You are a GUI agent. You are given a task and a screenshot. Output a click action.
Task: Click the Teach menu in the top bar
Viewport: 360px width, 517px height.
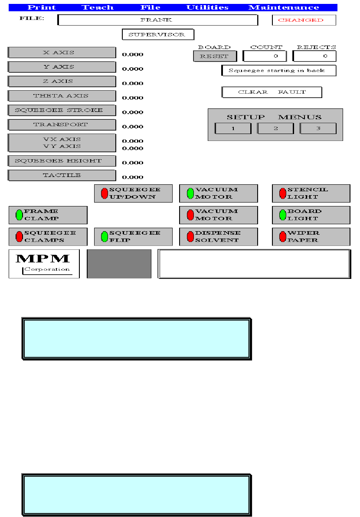coord(98,7)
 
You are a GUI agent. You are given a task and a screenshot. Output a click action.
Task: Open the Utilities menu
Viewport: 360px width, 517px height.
coord(207,7)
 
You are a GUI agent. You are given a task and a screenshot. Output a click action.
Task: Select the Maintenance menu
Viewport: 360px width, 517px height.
coord(284,7)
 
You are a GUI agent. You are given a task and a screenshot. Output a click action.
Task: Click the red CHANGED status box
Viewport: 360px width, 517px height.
coord(304,20)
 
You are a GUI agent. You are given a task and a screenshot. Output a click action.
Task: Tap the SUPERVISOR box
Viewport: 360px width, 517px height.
coord(158,34)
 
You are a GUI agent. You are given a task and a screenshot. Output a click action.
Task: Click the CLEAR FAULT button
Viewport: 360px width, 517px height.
coord(272,92)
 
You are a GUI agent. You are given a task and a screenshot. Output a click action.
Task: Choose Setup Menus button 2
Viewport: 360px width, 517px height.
coord(275,128)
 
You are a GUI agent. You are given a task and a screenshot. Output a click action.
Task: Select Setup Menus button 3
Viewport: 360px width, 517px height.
coord(318,128)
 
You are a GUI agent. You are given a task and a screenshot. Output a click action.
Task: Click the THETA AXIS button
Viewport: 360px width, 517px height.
coord(62,96)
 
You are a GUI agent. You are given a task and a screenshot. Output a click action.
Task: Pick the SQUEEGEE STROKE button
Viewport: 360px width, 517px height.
coord(62,110)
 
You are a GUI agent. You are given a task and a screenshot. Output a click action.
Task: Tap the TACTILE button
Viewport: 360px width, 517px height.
coord(62,175)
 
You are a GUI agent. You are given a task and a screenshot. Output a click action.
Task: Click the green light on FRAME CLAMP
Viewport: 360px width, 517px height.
coord(19,215)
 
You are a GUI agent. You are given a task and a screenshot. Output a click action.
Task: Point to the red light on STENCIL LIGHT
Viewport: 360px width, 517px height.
coord(283,193)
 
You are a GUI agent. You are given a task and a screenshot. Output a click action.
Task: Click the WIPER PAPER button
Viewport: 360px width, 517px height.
coord(311,236)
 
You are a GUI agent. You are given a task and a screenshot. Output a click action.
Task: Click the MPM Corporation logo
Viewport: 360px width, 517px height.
coord(44,264)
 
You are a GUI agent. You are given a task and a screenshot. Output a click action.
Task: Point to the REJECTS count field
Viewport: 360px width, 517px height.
coord(314,56)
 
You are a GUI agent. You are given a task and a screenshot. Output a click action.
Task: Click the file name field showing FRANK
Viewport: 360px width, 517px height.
coord(157,20)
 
